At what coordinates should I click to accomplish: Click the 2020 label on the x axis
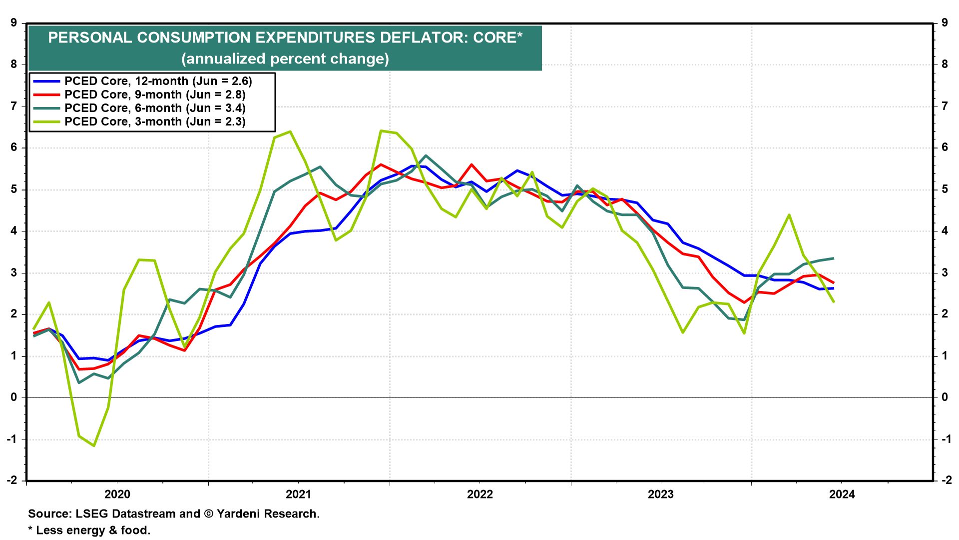tap(117, 494)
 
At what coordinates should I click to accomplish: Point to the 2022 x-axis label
tap(479, 494)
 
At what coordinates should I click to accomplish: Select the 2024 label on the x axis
tap(842, 494)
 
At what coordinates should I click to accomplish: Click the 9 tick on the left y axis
tap(13, 23)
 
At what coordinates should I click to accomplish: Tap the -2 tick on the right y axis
tap(945, 480)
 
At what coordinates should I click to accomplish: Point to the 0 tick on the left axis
tap(13, 397)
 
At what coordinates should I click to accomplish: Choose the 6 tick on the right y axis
tap(945, 147)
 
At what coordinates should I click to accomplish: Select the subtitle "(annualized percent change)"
tap(285, 59)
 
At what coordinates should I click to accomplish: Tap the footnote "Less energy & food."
tap(93, 530)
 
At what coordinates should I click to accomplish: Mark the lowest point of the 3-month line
tap(94, 445)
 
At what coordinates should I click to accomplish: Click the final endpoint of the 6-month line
tap(834, 258)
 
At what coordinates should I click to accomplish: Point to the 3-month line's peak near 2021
tap(290, 132)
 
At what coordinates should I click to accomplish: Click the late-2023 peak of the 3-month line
tap(789, 215)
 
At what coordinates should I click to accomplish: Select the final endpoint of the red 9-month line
tap(834, 283)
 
